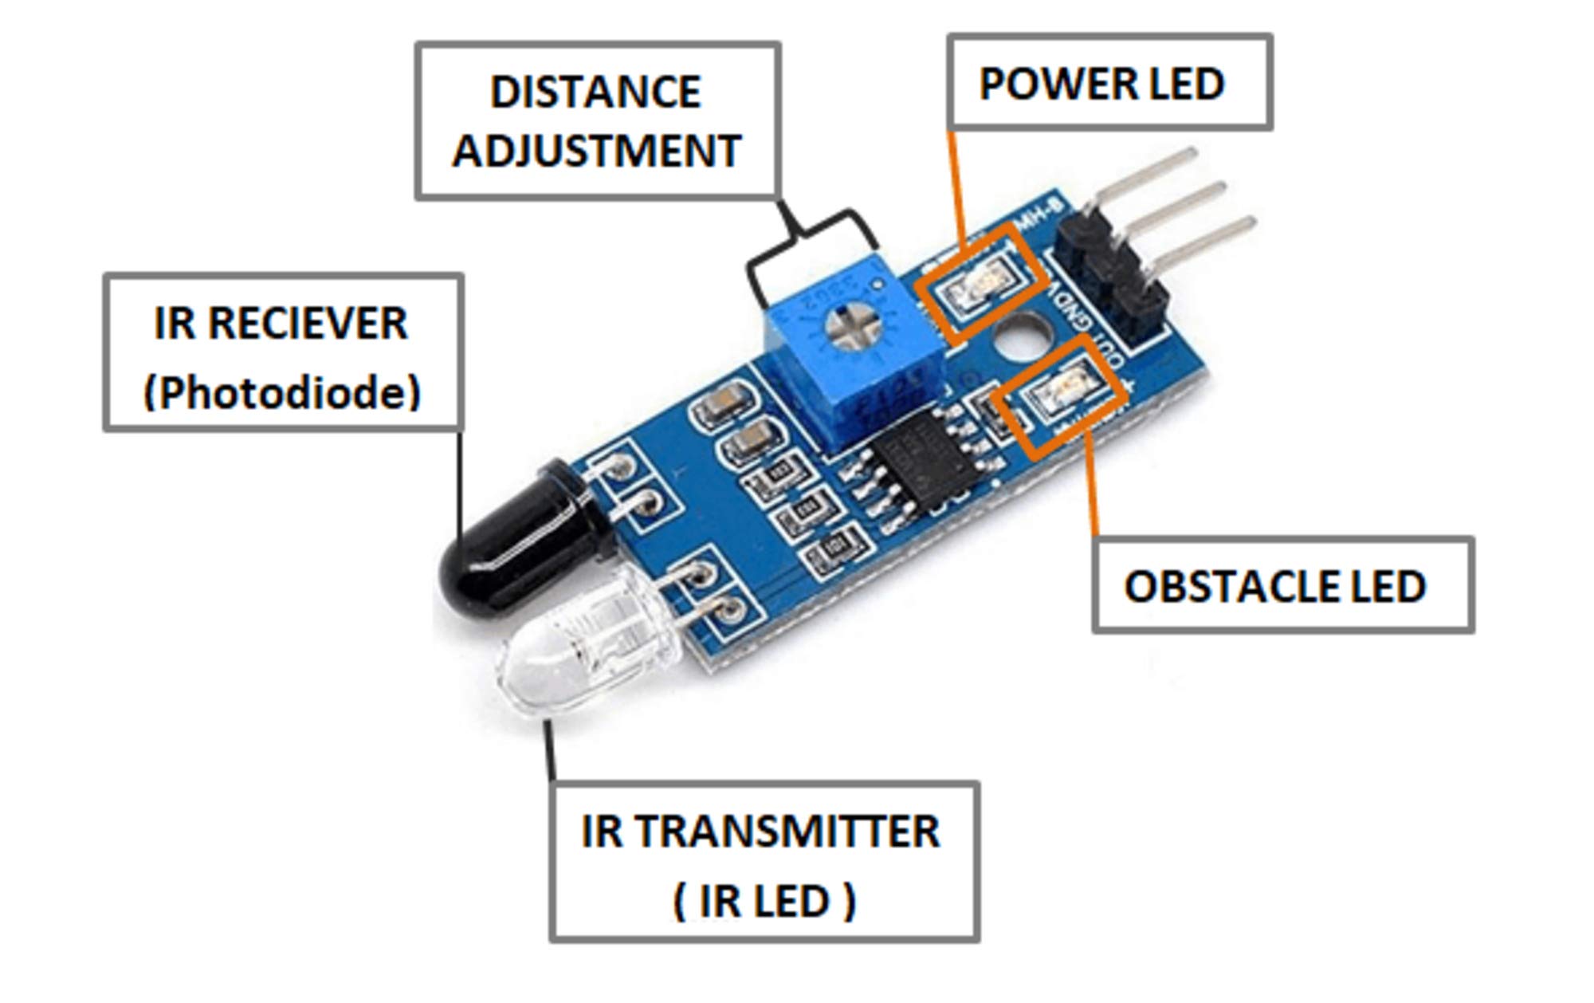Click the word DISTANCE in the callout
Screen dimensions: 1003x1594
point(595,92)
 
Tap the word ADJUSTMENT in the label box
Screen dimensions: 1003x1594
point(597,151)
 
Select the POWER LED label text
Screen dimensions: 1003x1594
point(1101,84)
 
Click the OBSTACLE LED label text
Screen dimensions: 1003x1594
point(1274,587)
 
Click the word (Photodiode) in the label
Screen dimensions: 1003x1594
point(282,392)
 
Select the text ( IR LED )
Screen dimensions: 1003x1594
point(764,902)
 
